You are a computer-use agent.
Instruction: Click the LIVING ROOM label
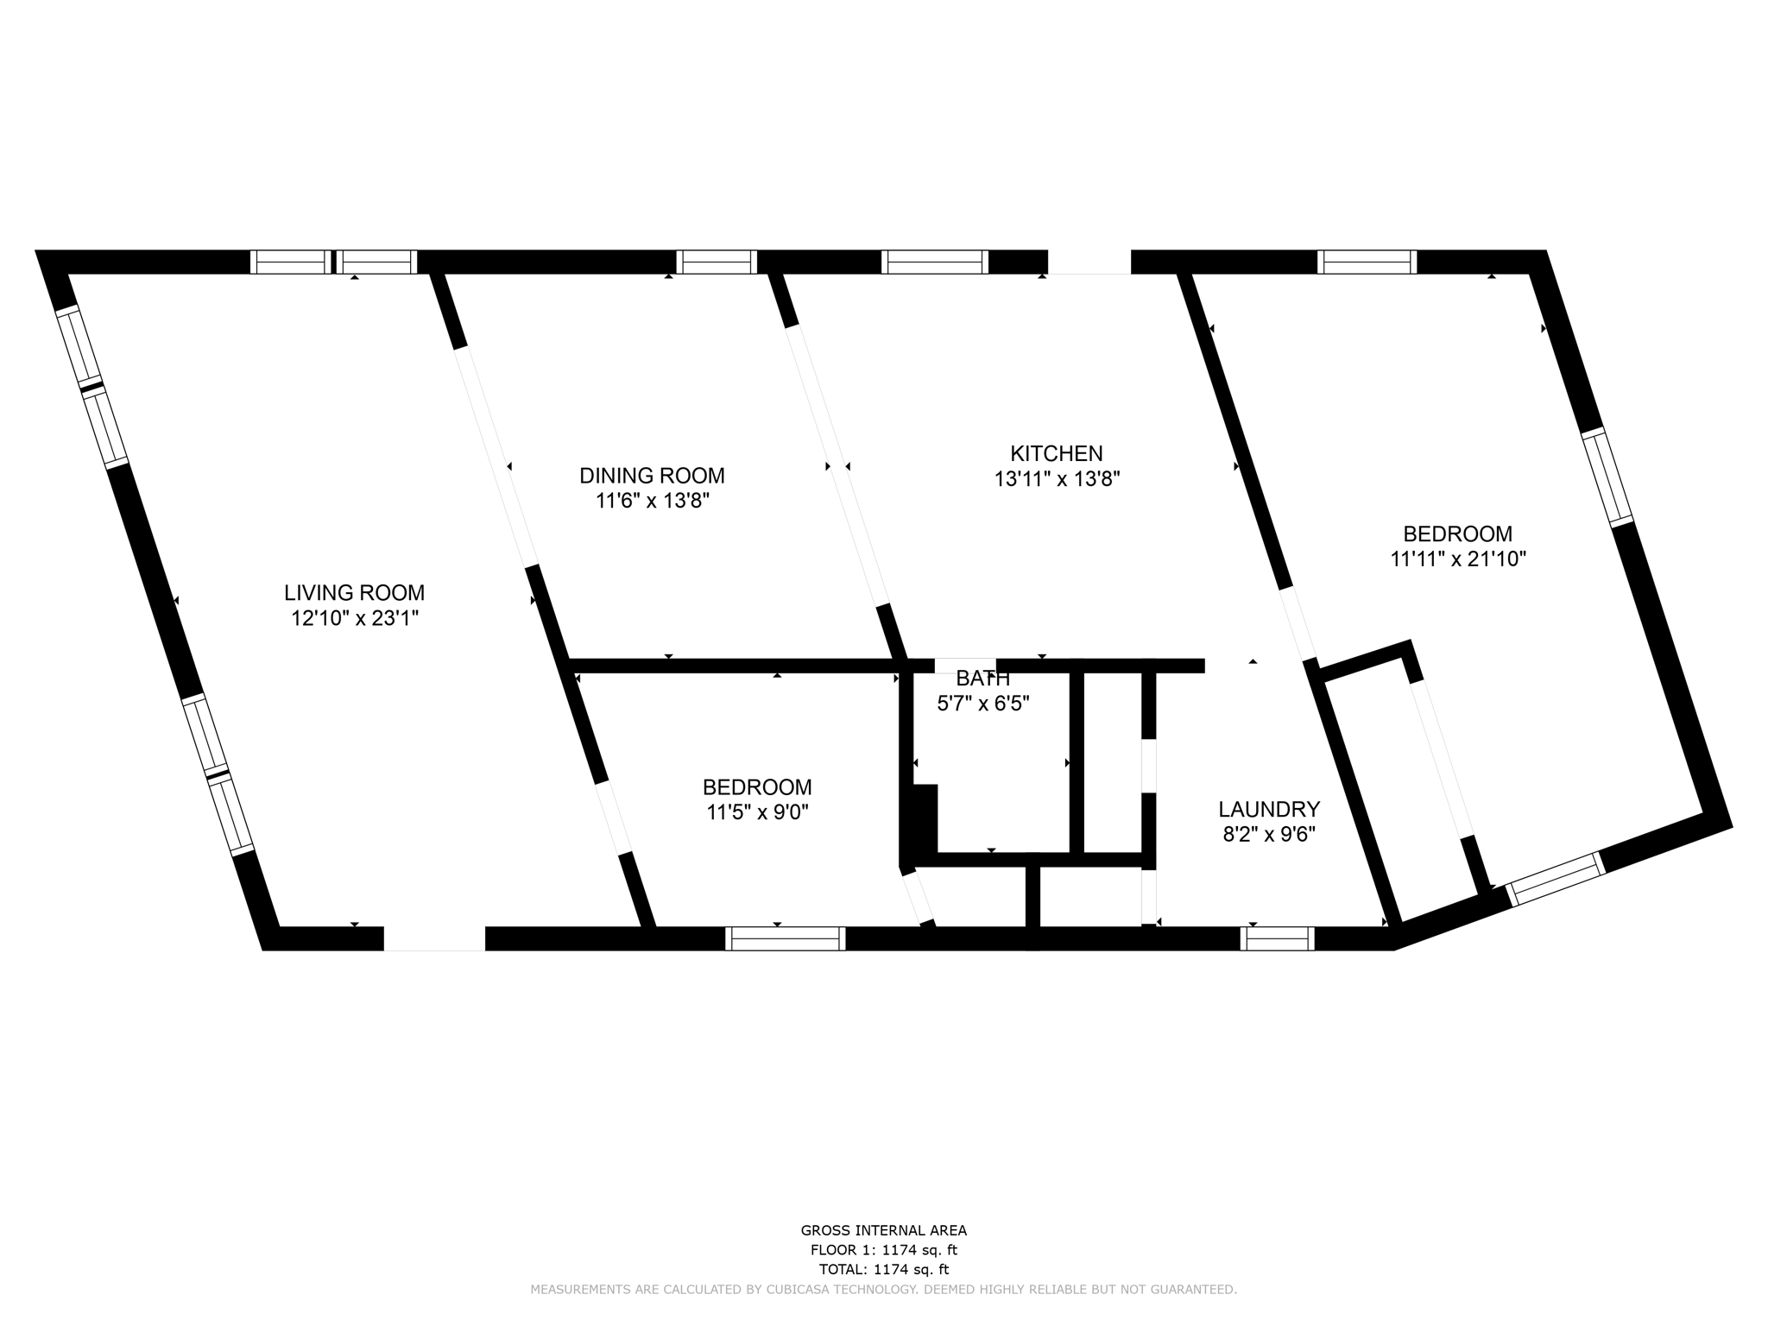click(x=354, y=593)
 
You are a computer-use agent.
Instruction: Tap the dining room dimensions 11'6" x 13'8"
click(x=652, y=501)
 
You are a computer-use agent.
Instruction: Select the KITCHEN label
click(x=1056, y=453)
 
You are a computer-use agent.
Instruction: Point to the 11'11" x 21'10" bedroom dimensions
click(x=1457, y=559)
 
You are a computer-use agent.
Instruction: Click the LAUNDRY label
click(x=1268, y=810)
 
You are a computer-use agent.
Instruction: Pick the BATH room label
click(x=982, y=679)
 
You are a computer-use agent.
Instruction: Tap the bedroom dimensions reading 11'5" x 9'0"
click(x=757, y=812)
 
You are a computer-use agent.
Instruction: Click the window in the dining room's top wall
click(x=716, y=262)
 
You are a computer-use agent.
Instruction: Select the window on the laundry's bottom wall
click(x=1277, y=938)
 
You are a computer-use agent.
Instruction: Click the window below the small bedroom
click(x=785, y=938)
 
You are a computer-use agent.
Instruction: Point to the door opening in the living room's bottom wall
click(x=434, y=938)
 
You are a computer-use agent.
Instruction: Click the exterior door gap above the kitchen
click(x=1089, y=262)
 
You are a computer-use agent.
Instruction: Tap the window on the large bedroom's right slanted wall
click(x=1607, y=477)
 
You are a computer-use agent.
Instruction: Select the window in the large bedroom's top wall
click(x=1367, y=262)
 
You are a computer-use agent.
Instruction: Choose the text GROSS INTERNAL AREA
click(x=883, y=1231)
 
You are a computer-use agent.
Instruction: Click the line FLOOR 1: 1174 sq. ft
click(x=883, y=1250)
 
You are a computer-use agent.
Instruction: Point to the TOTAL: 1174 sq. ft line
click(x=883, y=1270)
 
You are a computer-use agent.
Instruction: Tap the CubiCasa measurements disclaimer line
click(x=883, y=1290)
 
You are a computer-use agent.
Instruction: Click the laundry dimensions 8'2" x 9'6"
click(x=1268, y=835)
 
